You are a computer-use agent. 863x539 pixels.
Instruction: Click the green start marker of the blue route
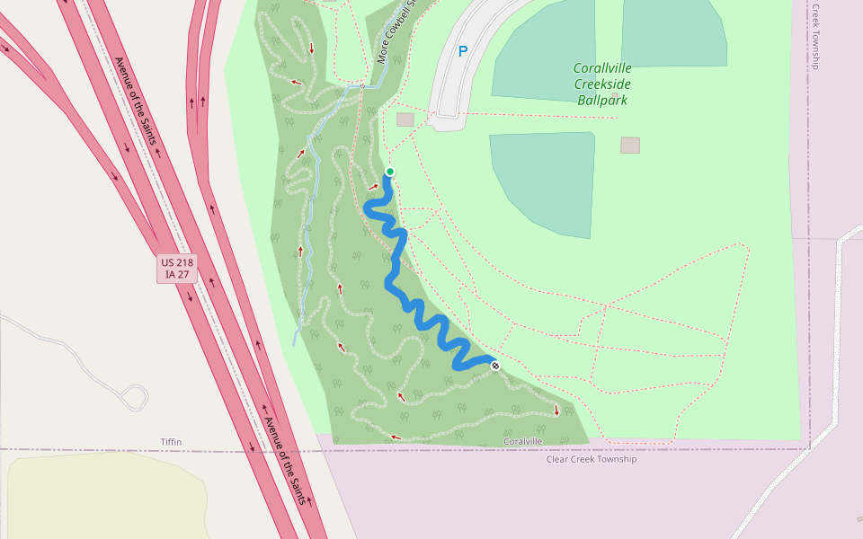pyautogui.click(x=390, y=172)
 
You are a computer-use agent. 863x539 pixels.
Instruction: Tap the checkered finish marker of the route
pyautogui.click(x=495, y=366)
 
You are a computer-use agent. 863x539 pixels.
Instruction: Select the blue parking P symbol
pyautogui.click(x=463, y=52)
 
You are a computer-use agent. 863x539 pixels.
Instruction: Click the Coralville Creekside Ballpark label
pyautogui.click(x=602, y=84)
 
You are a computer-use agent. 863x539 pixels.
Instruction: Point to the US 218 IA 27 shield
pyautogui.click(x=177, y=269)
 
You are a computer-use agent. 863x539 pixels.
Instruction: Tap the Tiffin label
pyautogui.click(x=171, y=442)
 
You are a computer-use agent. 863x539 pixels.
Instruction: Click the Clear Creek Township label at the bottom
pyautogui.click(x=592, y=459)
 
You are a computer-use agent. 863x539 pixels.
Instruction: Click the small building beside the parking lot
pyautogui.click(x=405, y=119)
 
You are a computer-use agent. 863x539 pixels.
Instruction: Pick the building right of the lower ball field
pyautogui.click(x=630, y=145)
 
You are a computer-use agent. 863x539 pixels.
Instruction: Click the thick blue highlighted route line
pyautogui.click(x=395, y=269)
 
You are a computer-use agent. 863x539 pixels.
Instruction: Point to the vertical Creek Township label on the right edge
pyautogui.click(x=815, y=36)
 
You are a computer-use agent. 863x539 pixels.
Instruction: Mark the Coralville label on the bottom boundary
pyautogui.click(x=522, y=441)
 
